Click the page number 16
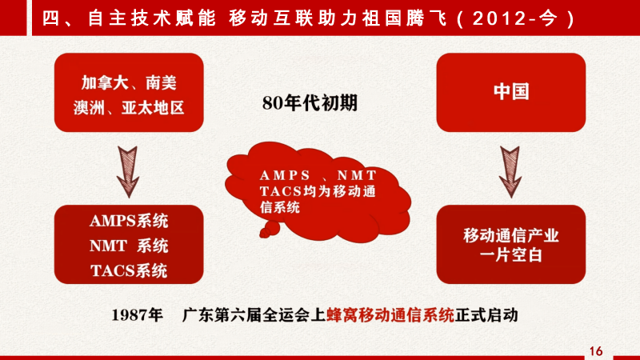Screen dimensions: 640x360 pyautogui.click(x=596, y=351)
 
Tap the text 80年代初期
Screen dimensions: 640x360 pyautogui.click(x=310, y=103)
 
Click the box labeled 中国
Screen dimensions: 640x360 pyautogui.click(x=511, y=92)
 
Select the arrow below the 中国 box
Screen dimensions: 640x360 pyautogui.click(x=510, y=172)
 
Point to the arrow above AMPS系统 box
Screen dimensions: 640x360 pyautogui.click(x=128, y=172)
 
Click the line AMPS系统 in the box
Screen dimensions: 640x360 pyautogui.click(x=129, y=221)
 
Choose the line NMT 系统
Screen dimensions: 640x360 pyautogui.click(x=129, y=246)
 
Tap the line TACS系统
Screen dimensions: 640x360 pyautogui.click(x=129, y=270)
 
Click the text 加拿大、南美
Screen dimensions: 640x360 pyautogui.click(x=129, y=83)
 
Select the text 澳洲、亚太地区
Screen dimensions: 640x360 pyautogui.click(x=129, y=108)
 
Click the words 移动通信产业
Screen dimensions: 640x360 pyautogui.click(x=511, y=235)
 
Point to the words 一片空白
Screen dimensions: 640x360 pyautogui.click(x=511, y=255)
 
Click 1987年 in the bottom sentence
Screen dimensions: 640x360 pyautogui.click(x=137, y=315)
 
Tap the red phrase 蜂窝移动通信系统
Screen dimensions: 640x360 pyautogui.click(x=390, y=315)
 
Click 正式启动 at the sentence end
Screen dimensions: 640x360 pyautogui.click(x=486, y=315)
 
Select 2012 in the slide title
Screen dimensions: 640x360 pyautogui.click(x=499, y=18)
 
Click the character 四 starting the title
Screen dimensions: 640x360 pyautogui.click(x=50, y=18)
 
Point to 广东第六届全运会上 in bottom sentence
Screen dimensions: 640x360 pyautogui.click(x=254, y=315)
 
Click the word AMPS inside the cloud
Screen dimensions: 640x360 pyautogui.click(x=285, y=175)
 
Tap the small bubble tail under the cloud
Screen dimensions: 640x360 pyautogui.click(x=270, y=230)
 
